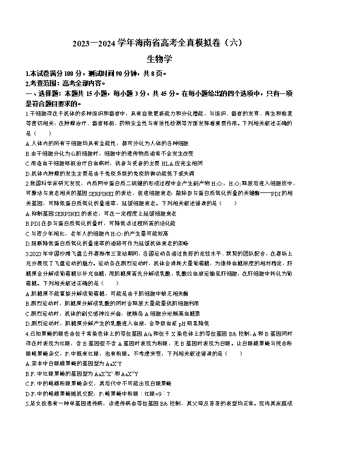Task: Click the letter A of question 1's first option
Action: click(27, 143)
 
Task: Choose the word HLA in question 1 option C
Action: click(166, 163)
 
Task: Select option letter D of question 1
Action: click(27, 173)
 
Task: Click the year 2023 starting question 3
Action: click(34, 253)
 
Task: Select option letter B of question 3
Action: click(27, 303)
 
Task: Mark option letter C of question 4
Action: click(27, 383)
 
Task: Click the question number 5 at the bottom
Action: click(26, 403)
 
